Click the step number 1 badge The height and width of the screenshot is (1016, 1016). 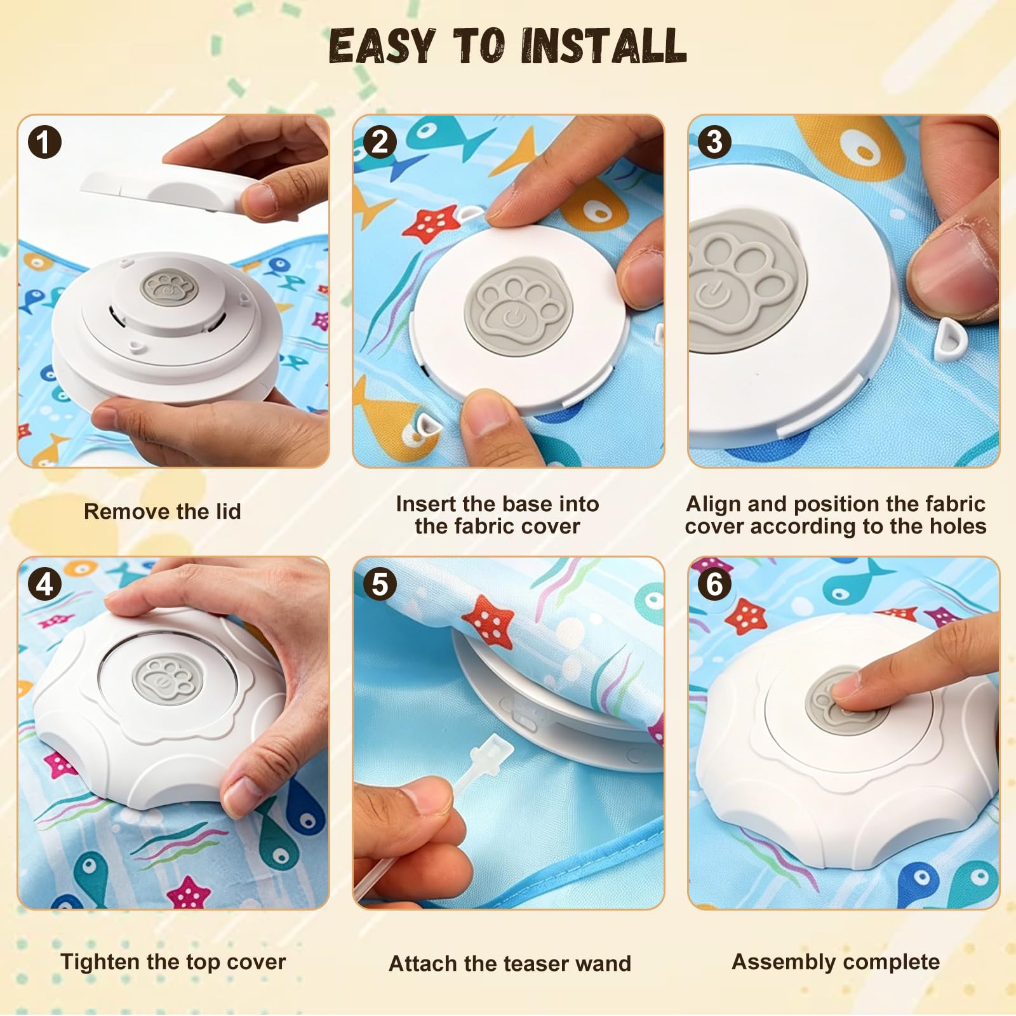pyautogui.click(x=44, y=142)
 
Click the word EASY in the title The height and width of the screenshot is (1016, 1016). pyautogui.click(x=382, y=46)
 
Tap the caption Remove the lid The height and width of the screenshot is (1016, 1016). pyautogui.click(x=163, y=512)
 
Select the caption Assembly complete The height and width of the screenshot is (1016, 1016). pyautogui.click(x=836, y=963)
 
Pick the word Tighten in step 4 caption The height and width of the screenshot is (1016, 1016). pyautogui.click(x=100, y=963)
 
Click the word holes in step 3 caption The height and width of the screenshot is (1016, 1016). pyautogui.click(x=958, y=526)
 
